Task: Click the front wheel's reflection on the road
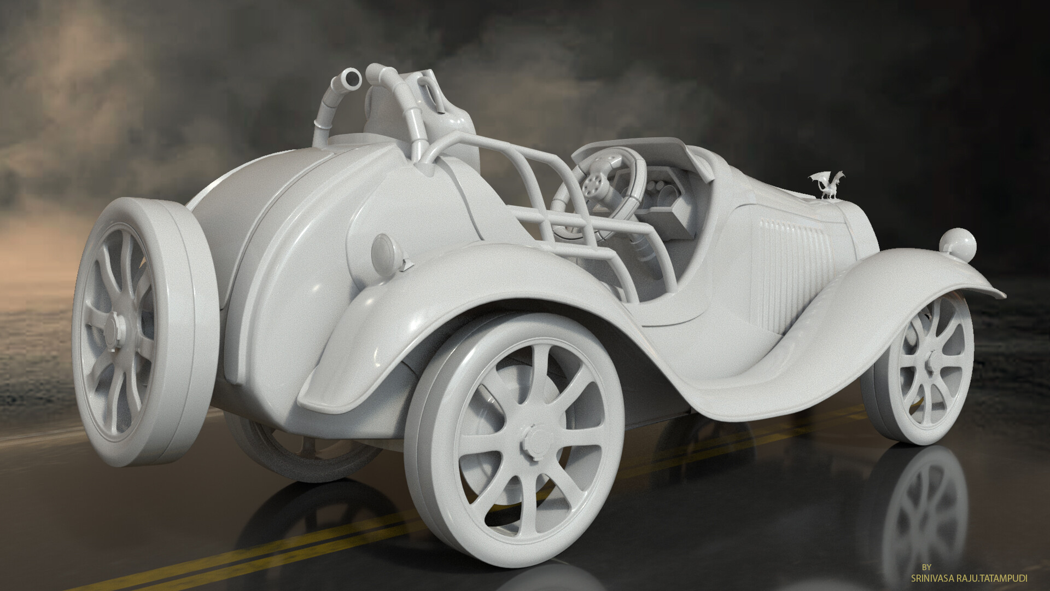coord(924,509)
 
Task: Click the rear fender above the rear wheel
coord(465,285)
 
